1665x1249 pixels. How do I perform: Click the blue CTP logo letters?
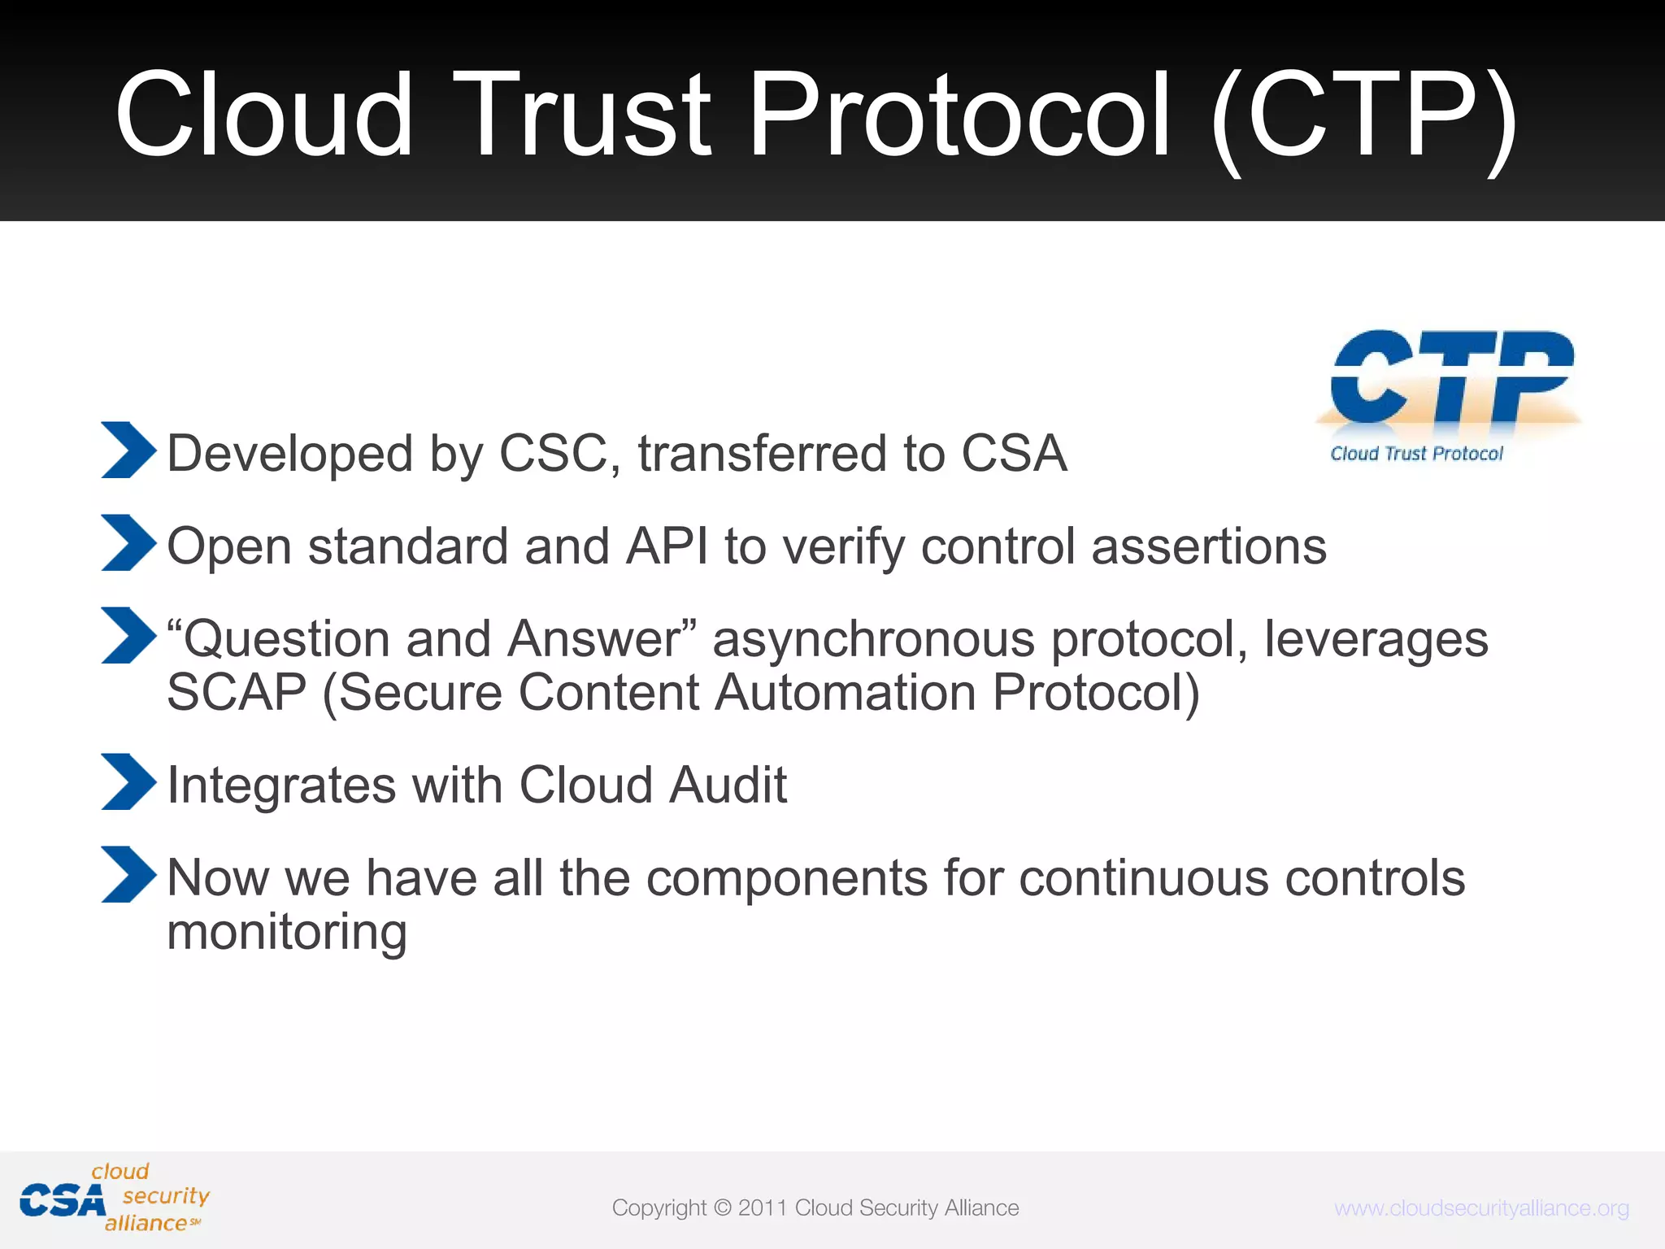pos(1451,376)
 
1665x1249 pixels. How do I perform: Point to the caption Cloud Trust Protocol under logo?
pos(1416,454)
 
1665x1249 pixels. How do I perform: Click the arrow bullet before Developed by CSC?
pos(128,450)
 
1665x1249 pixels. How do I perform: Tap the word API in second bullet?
pos(667,546)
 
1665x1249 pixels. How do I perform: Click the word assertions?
pos(1209,546)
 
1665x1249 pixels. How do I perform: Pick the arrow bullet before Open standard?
pos(128,542)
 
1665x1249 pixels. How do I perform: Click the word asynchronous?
pos(874,639)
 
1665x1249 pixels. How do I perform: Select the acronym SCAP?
pos(237,693)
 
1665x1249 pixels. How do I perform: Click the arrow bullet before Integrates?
pos(128,781)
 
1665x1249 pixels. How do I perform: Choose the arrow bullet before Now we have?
pos(128,874)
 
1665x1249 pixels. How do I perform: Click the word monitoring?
pos(286,932)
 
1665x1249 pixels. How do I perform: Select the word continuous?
pos(1144,878)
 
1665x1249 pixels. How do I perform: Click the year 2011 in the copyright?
pos(762,1208)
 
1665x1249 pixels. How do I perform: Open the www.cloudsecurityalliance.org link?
pos(1481,1208)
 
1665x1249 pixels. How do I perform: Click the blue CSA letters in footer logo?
pos(63,1201)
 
